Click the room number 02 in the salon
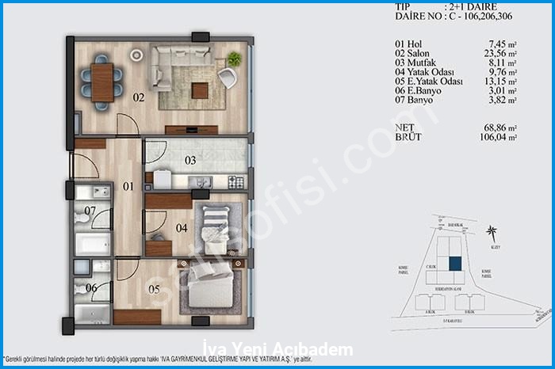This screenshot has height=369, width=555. (138, 98)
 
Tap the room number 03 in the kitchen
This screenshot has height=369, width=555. (190, 161)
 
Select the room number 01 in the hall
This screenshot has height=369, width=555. (128, 187)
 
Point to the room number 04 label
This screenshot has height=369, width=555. (181, 228)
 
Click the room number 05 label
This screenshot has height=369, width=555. (154, 289)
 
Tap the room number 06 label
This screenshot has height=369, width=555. (91, 288)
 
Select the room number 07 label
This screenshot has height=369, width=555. (90, 211)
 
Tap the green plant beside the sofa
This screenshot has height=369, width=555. (234, 59)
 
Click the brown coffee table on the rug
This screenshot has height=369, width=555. (200, 90)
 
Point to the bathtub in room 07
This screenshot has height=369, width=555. (93, 243)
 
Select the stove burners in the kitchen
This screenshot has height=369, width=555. (236, 182)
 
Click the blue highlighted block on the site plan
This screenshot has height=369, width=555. (454, 266)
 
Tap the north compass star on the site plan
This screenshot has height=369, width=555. (492, 233)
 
